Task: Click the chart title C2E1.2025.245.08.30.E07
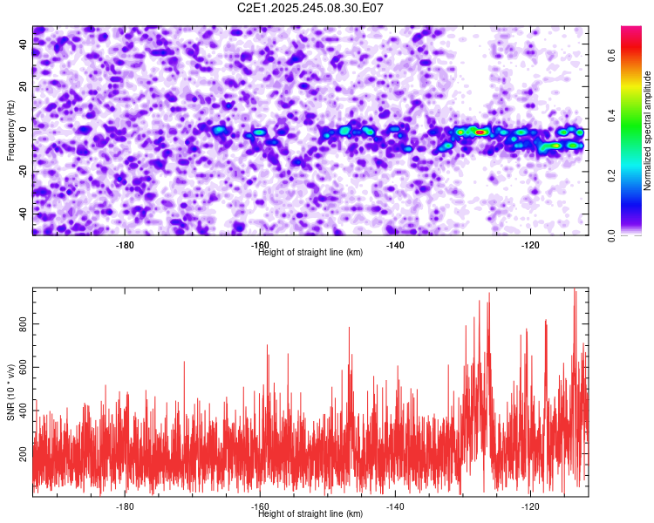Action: [310, 8]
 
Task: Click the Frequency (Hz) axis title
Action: [10, 130]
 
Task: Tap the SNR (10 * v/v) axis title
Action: [10, 391]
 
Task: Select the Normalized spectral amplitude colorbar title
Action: [647, 131]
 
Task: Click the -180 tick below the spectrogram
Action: [125, 245]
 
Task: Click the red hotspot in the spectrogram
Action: [480, 132]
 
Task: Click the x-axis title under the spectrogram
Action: [310, 253]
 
